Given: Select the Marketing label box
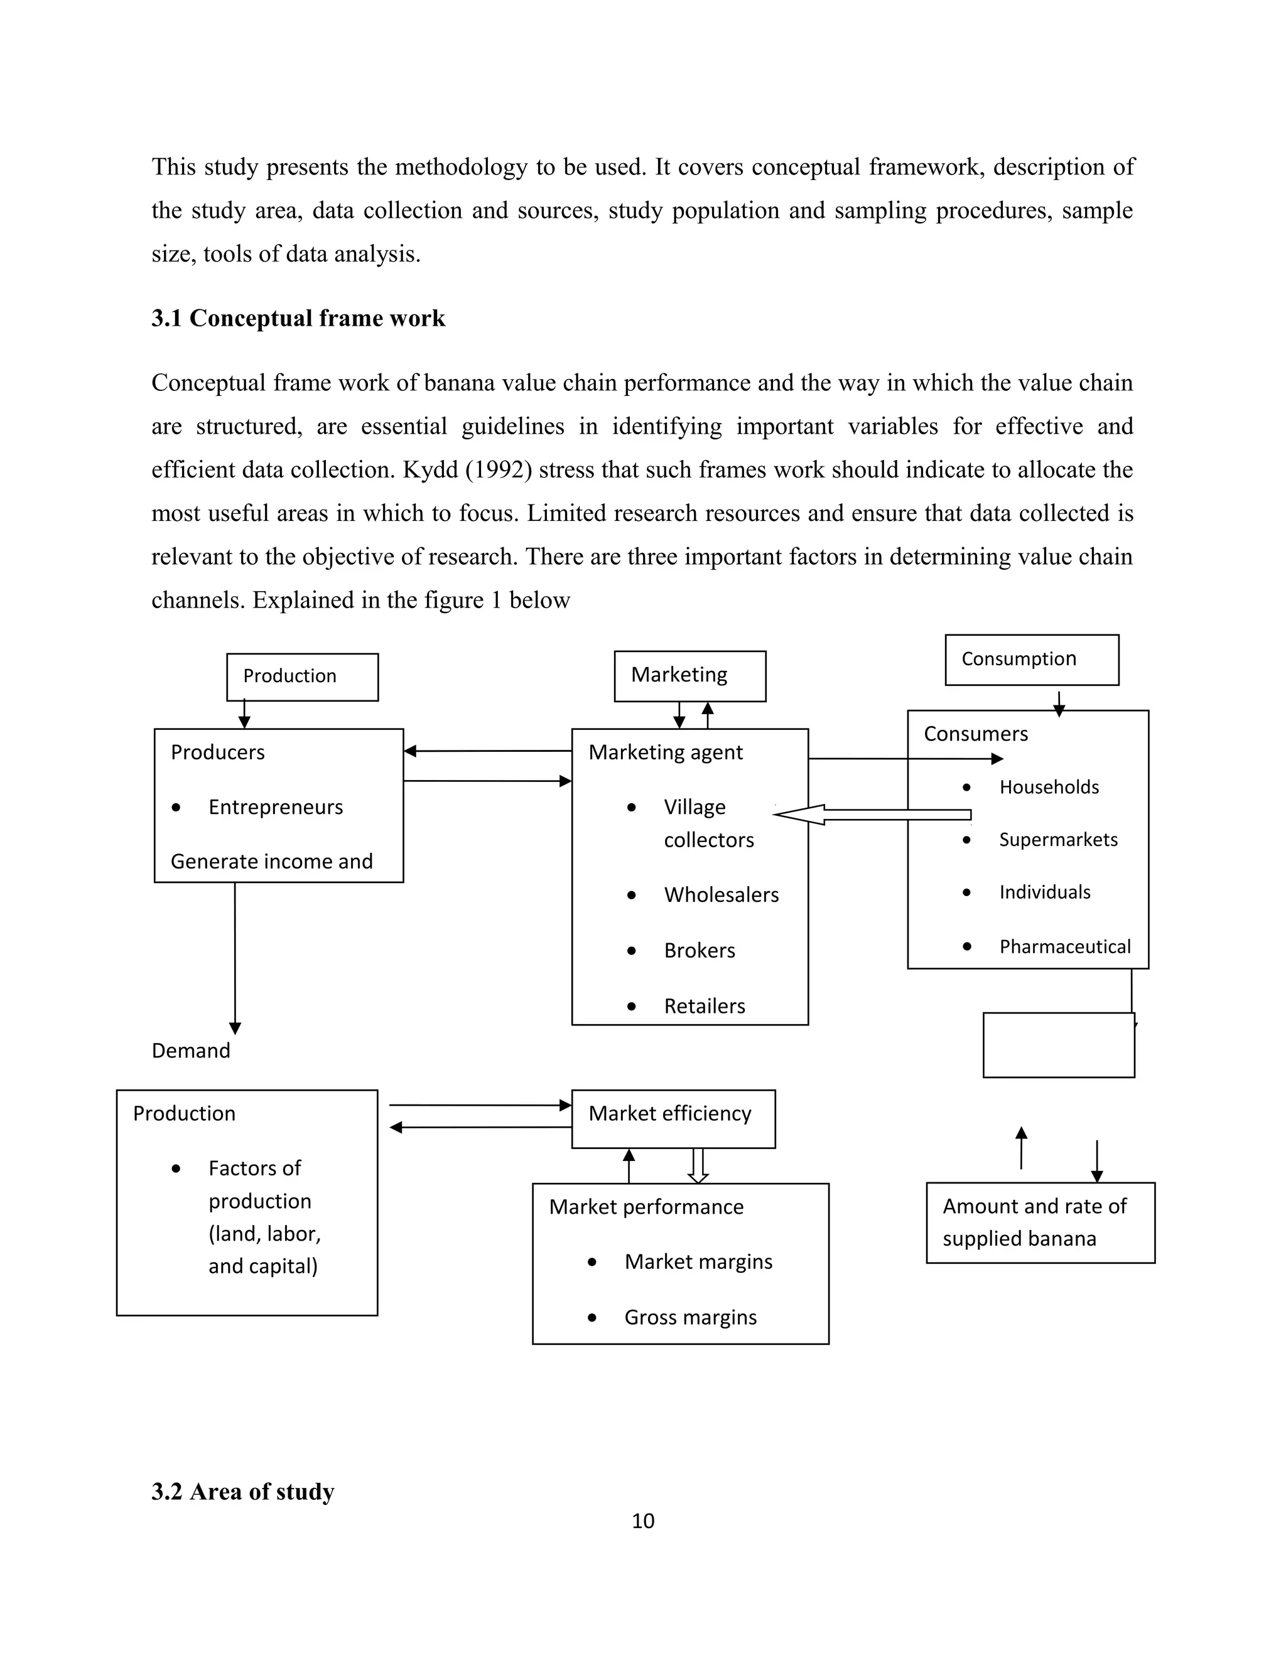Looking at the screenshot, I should click(x=689, y=676).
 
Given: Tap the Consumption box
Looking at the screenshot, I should click(x=1032, y=660).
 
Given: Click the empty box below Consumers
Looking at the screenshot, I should click(x=1058, y=1045).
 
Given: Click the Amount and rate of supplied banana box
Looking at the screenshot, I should click(x=1040, y=1222).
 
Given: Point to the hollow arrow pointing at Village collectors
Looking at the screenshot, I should click(x=872, y=814).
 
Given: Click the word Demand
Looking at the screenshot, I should click(x=190, y=1051).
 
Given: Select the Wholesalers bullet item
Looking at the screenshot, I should click(x=721, y=895).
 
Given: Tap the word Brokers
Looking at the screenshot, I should click(x=700, y=950).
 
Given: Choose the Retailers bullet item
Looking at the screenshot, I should click(x=704, y=1006).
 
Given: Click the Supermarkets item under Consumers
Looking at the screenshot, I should click(x=1057, y=839).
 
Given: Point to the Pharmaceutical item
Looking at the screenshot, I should click(x=1064, y=946).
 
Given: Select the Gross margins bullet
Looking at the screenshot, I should click(x=690, y=1317).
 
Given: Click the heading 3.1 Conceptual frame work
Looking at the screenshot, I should click(x=298, y=318).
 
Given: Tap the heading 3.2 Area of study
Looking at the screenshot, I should click(x=242, y=1491).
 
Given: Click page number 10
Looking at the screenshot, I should click(x=643, y=1521).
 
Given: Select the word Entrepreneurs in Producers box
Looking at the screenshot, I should click(x=275, y=807).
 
